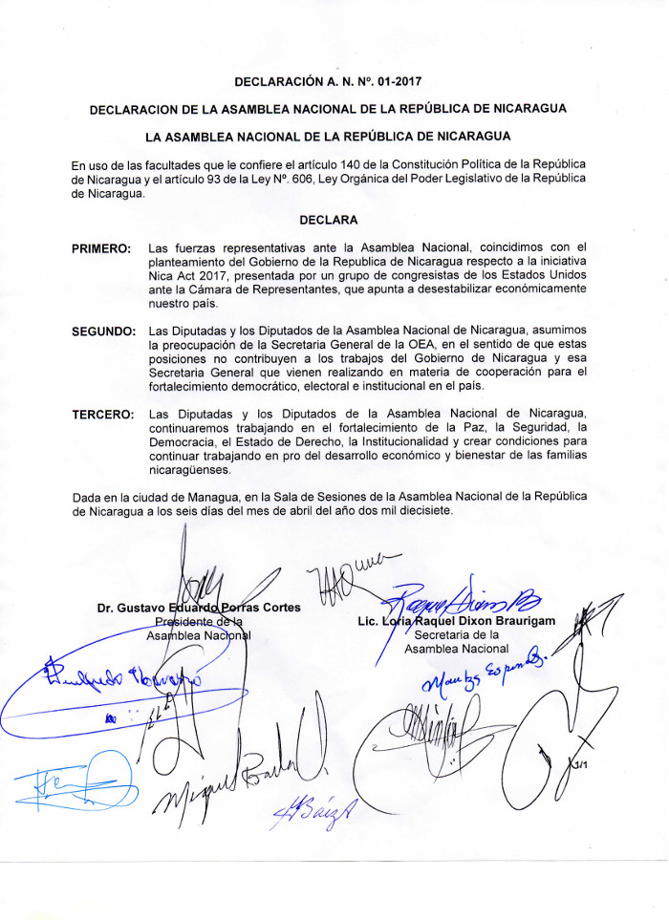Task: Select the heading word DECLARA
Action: (328, 220)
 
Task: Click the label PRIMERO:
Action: (102, 249)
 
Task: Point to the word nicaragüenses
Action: (190, 470)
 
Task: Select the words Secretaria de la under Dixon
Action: (457, 635)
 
